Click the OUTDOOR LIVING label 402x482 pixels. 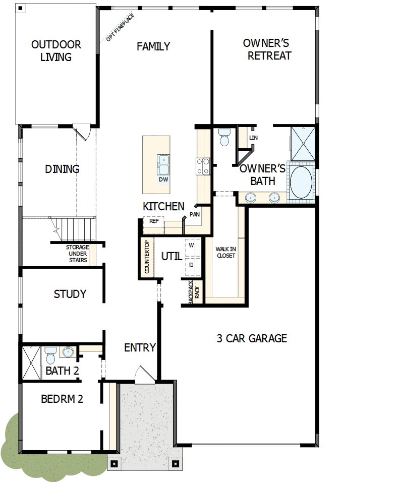[x=56, y=51]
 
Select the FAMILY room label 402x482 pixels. [x=153, y=46]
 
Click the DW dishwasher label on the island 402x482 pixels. [x=163, y=179]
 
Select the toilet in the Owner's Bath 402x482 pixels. [x=224, y=137]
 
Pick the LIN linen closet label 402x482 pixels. [x=253, y=137]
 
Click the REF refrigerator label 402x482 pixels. [x=154, y=221]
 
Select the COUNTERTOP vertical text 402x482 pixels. [x=147, y=257]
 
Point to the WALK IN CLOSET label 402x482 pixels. [x=226, y=252]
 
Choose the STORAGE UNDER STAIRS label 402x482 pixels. [x=77, y=254]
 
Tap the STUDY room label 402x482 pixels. [x=70, y=294]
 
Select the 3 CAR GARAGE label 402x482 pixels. [x=252, y=338]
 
